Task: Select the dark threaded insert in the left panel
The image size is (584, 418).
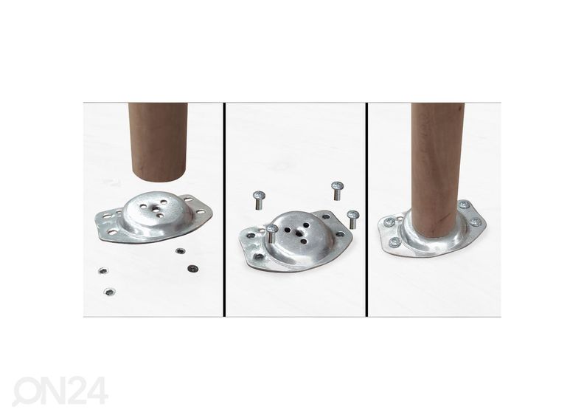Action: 192,269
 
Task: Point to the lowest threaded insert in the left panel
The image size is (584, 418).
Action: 109,292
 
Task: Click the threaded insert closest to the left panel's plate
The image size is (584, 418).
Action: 180,251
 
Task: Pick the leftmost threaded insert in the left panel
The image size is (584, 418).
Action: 102,271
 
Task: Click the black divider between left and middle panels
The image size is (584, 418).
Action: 224,210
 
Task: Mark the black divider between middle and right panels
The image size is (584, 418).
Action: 366,210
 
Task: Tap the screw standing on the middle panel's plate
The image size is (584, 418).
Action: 272,233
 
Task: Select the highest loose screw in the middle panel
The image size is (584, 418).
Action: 337,191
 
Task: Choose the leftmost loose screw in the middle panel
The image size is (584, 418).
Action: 259,200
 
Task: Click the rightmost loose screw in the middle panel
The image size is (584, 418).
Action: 352,219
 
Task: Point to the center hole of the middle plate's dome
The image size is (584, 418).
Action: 299,233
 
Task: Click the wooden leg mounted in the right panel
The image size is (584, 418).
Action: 437,171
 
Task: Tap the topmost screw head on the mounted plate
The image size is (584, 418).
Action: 464,205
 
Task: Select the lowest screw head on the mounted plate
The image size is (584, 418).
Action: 394,243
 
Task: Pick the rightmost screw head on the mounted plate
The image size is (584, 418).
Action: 476,222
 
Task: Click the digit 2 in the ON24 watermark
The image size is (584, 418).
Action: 72,391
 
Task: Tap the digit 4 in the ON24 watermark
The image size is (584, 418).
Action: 97,391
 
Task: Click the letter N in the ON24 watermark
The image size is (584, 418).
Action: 48,391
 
